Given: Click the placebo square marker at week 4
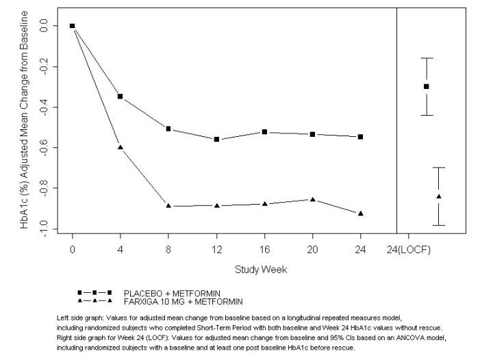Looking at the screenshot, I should click(121, 97).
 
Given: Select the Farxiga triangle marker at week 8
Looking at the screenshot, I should click(168, 206).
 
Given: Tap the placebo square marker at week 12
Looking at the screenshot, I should click(216, 140).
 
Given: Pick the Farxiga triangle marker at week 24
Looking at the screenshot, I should click(361, 214).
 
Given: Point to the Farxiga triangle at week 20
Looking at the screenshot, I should click(313, 200).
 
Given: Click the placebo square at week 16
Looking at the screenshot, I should click(264, 131).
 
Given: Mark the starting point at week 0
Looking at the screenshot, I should click(72, 26).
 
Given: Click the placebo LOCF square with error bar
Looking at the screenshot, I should click(427, 86).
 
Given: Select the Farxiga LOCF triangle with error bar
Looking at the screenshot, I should click(439, 196).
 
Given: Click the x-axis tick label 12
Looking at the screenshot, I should click(216, 250).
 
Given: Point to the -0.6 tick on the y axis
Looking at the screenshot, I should click(45, 148).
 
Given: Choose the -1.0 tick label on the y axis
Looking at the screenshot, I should click(45, 229).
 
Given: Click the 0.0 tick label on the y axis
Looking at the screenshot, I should click(45, 26).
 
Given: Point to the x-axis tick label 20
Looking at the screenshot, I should click(313, 250).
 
